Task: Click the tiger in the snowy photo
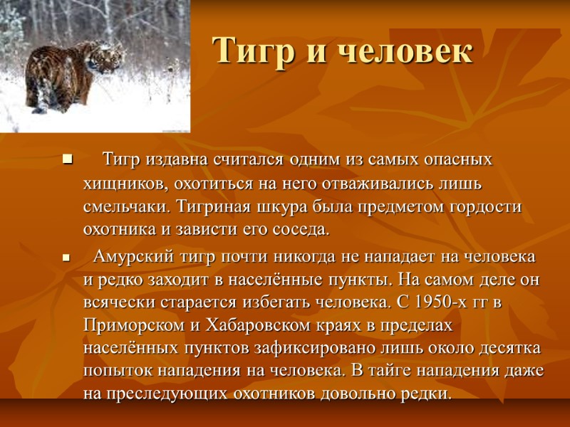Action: pos(71,74)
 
